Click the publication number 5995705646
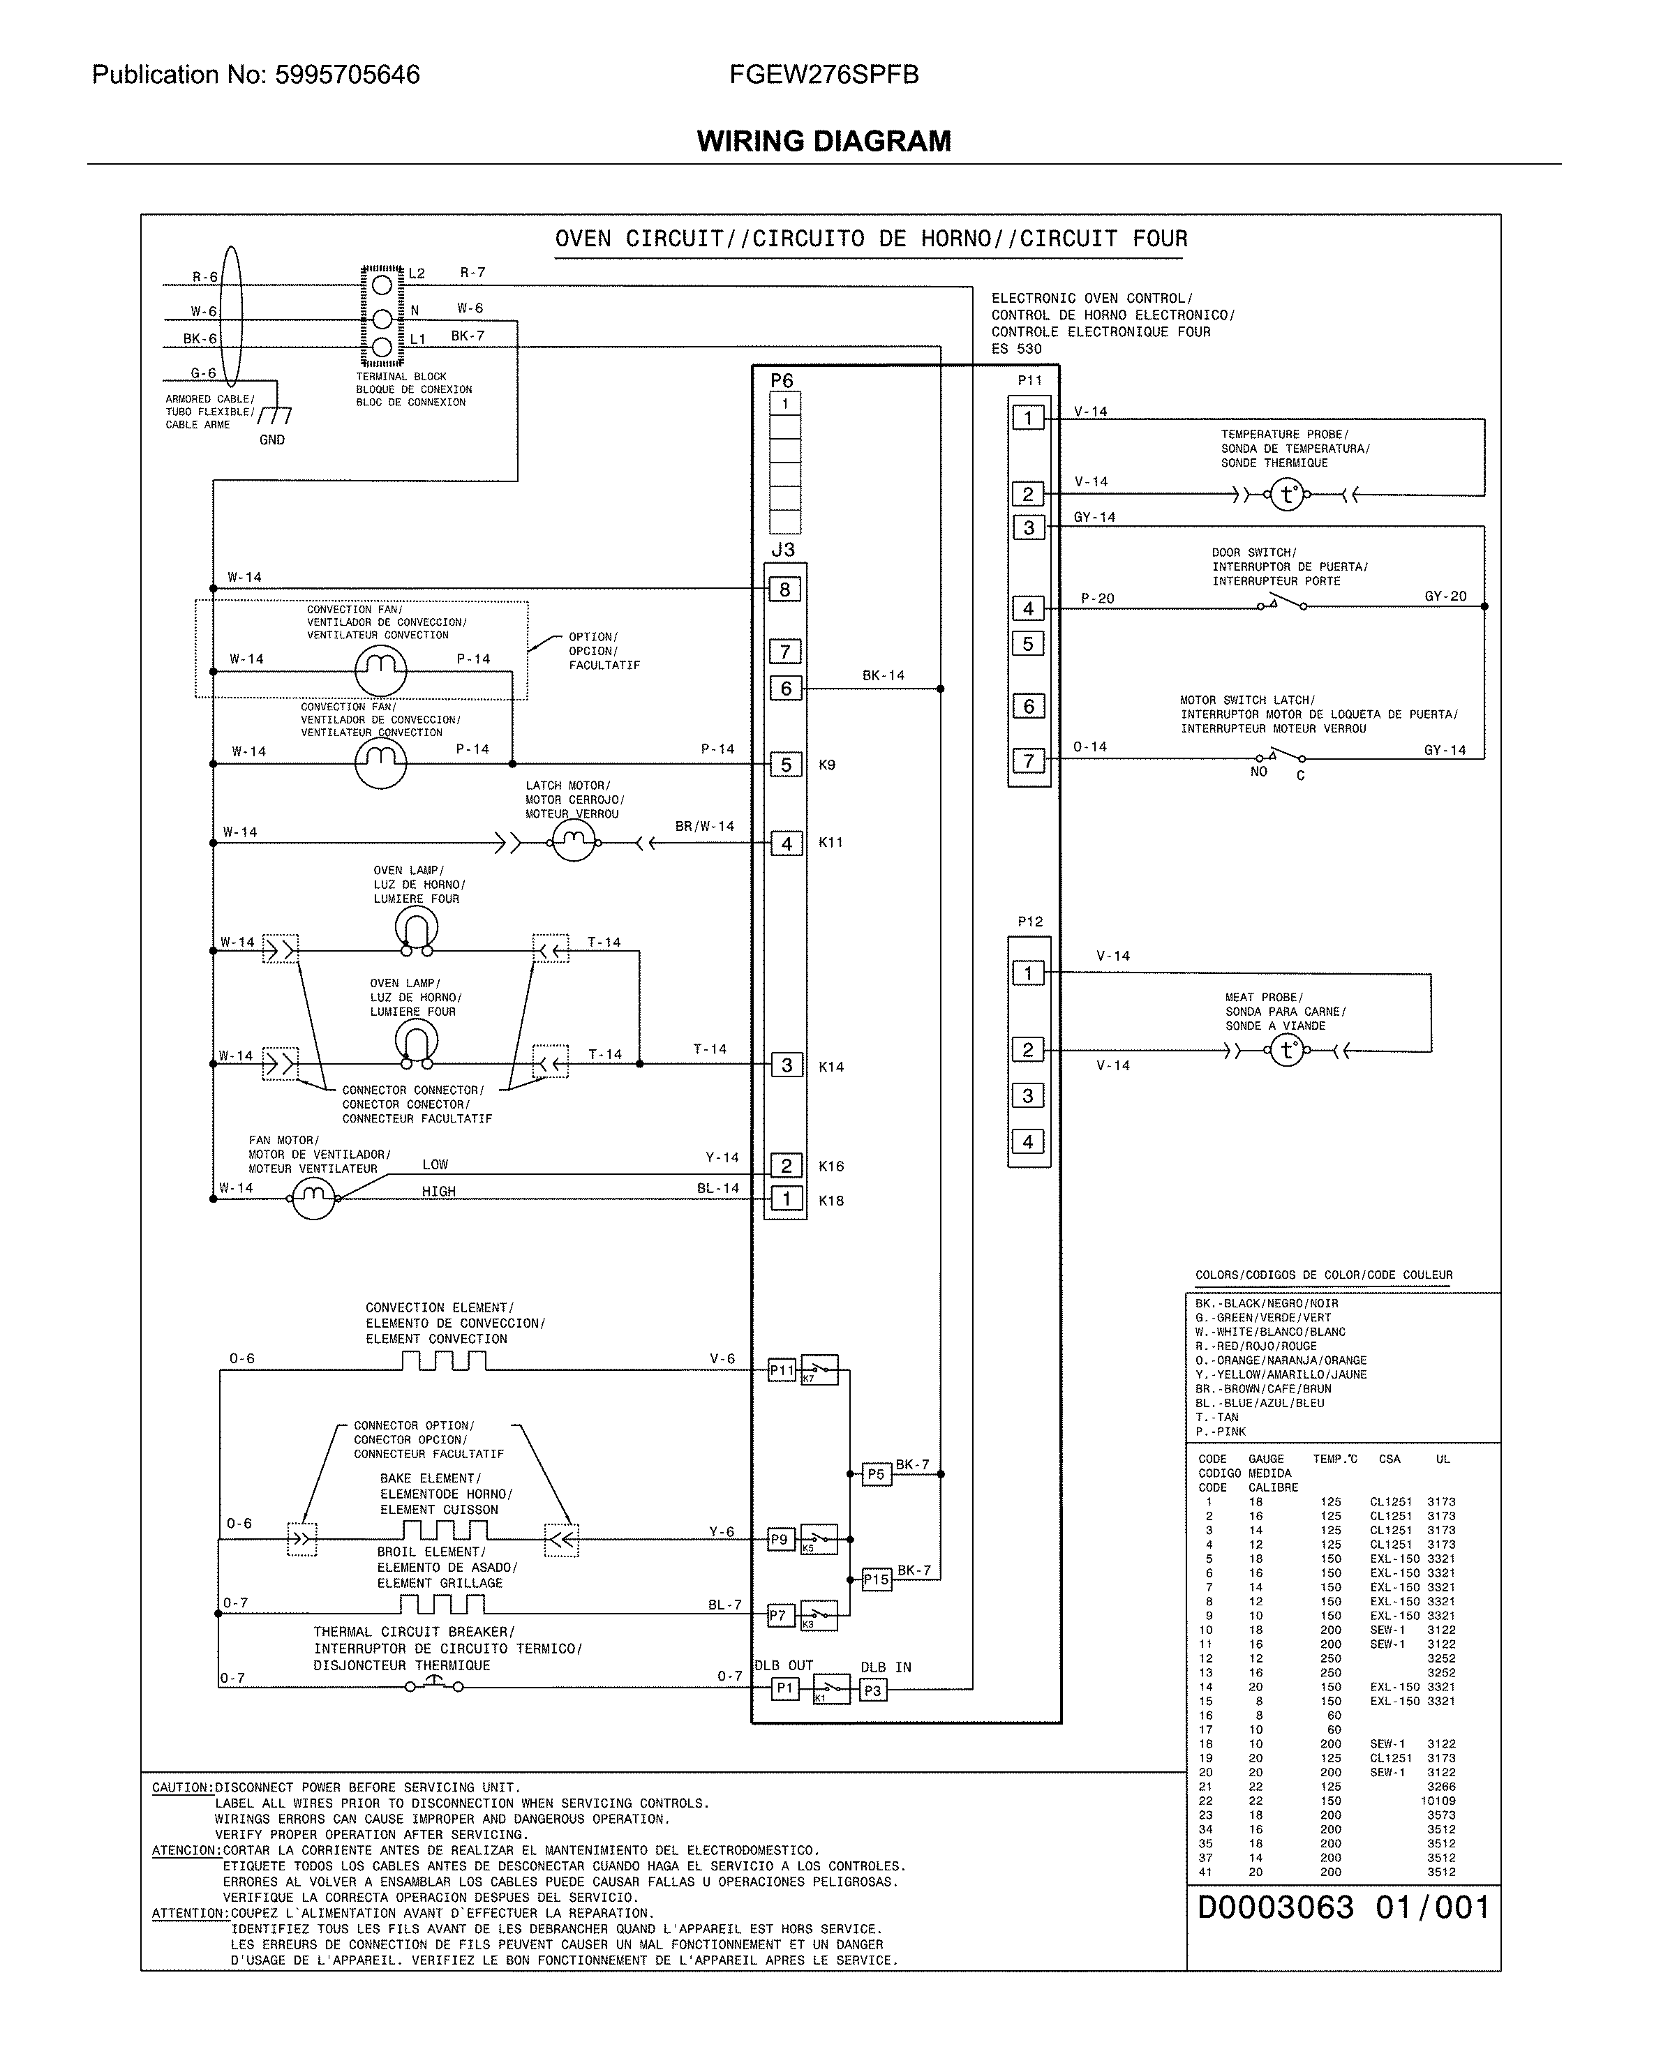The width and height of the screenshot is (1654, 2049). [x=347, y=75]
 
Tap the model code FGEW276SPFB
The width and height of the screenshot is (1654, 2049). [x=824, y=75]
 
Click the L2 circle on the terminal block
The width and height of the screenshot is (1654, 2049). [x=382, y=284]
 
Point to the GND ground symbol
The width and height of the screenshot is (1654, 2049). [x=274, y=416]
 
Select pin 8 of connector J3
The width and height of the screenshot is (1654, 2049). [x=785, y=590]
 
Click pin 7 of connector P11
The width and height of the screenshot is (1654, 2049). [x=1028, y=761]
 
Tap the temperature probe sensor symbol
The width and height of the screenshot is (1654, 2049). [x=1287, y=495]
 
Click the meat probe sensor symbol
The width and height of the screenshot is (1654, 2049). [x=1287, y=1051]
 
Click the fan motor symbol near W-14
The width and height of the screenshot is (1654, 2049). [x=313, y=1197]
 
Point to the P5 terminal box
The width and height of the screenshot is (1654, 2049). [x=874, y=1473]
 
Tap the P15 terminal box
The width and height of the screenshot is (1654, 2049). [x=876, y=1579]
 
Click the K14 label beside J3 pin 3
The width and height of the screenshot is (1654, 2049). [x=830, y=1067]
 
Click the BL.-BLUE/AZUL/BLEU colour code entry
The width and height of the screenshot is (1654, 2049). [x=1260, y=1403]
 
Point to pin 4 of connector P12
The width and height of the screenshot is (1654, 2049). [x=1028, y=1141]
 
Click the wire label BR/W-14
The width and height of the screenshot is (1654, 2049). [x=704, y=826]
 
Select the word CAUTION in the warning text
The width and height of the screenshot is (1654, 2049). [x=182, y=1788]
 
